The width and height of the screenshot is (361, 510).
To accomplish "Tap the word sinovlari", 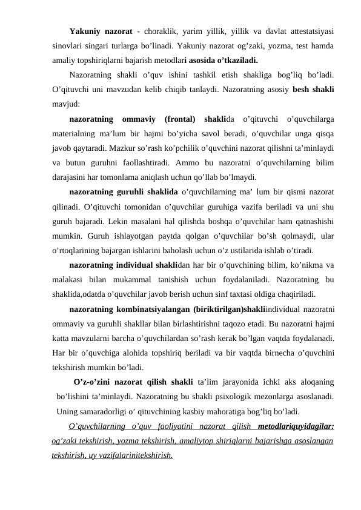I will (x=68, y=45).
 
